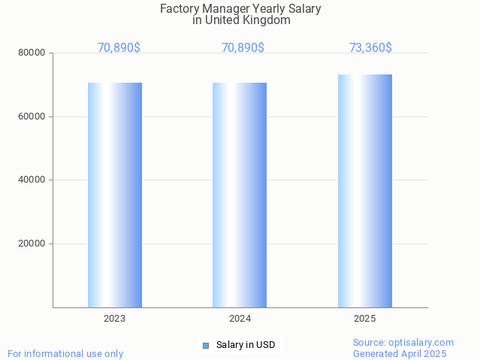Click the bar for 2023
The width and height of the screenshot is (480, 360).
[x=115, y=195]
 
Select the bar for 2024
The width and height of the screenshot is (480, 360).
[x=240, y=195]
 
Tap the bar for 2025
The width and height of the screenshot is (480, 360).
[x=365, y=191]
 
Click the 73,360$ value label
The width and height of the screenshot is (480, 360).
[x=370, y=47]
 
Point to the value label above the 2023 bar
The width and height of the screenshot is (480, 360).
[x=119, y=47]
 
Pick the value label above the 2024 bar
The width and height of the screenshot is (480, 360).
[x=243, y=47]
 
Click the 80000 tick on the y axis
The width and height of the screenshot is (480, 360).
[x=32, y=53]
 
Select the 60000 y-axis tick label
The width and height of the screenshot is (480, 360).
[x=32, y=116]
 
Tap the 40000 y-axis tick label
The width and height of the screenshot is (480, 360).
[x=32, y=180]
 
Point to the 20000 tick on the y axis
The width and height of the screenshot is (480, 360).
[x=32, y=244]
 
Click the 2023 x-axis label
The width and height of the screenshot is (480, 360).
[x=115, y=319]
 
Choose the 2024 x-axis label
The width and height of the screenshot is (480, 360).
[x=240, y=319]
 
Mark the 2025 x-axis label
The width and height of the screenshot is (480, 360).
[x=365, y=319]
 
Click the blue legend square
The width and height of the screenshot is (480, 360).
[x=206, y=346]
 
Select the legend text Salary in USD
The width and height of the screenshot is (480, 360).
[x=246, y=346]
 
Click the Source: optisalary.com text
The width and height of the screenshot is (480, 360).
[x=403, y=343]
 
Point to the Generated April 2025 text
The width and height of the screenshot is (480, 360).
[x=400, y=354]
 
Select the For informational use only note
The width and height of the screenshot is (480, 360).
[x=65, y=354]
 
